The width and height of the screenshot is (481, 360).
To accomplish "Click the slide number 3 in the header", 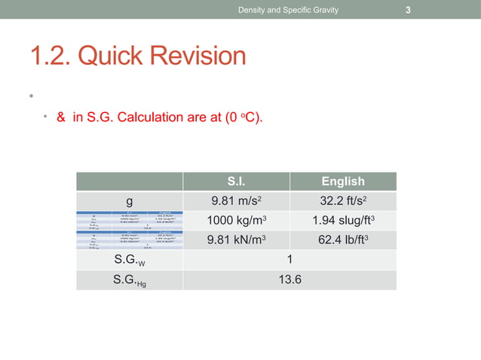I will pyautogui.click(x=408, y=10).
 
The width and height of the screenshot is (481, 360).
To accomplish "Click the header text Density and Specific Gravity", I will pyautogui.click(x=288, y=10).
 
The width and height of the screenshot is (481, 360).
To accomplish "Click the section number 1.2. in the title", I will pyautogui.click(x=55, y=56).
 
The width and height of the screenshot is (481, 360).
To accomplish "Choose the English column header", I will pyautogui.click(x=343, y=182).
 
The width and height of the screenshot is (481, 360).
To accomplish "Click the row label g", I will pyautogui.click(x=130, y=201).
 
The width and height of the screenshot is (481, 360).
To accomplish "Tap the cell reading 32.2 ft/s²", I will pyautogui.click(x=343, y=201).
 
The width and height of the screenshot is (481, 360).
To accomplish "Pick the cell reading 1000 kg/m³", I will pyautogui.click(x=236, y=221).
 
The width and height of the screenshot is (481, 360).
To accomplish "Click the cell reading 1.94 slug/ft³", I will pyautogui.click(x=343, y=221).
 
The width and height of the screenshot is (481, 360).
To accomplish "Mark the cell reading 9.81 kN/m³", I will pyautogui.click(x=236, y=240).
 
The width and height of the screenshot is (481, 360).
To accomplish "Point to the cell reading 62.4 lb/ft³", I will pyautogui.click(x=343, y=240).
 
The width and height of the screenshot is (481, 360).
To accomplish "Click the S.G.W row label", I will pyautogui.click(x=130, y=261).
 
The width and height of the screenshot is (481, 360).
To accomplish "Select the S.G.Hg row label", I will pyautogui.click(x=131, y=281).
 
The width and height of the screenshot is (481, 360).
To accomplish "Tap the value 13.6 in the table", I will pyautogui.click(x=290, y=280).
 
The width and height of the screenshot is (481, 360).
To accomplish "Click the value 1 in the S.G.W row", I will pyautogui.click(x=290, y=260).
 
